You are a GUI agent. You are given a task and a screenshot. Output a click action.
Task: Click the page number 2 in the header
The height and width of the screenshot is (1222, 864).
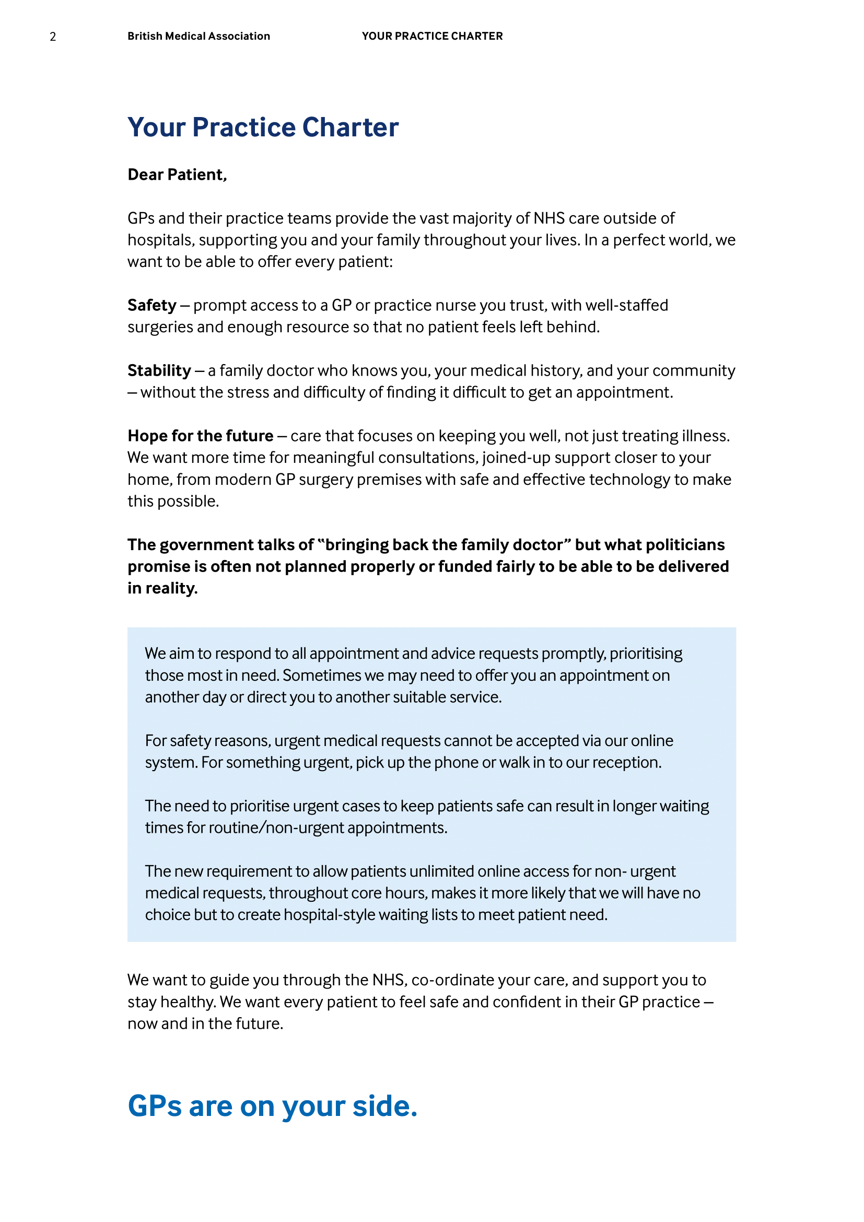pyautogui.click(x=53, y=37)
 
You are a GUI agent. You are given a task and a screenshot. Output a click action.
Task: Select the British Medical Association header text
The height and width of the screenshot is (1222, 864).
pyautogui.click(x=199, y=36)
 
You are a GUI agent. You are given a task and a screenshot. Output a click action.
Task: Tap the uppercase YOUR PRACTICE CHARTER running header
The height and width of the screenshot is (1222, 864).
pyautogui.click(x=432, y=36)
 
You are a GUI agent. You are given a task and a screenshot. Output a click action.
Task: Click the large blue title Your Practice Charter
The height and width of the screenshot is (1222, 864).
pyautogui.click(x=263, y=127)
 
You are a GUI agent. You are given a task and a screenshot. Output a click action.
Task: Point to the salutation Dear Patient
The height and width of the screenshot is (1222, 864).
pyautogui.click(x=177, y=174)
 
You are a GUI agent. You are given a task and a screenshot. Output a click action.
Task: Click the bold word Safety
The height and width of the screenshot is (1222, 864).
pyautogui.click(x=151, y=305)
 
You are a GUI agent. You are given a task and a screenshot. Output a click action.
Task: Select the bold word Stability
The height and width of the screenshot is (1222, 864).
pyautogui.click(x=159, y=370)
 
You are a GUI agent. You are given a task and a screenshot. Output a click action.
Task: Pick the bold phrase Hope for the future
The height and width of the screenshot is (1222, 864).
pyautogui.click(x=200, y=436)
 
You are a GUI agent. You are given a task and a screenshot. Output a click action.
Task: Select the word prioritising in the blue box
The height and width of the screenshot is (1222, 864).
pyautogui.click(x=646, y=654)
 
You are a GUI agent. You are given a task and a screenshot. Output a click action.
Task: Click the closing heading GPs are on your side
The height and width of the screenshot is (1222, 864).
pyautogui.click(x=272, y=1107)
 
